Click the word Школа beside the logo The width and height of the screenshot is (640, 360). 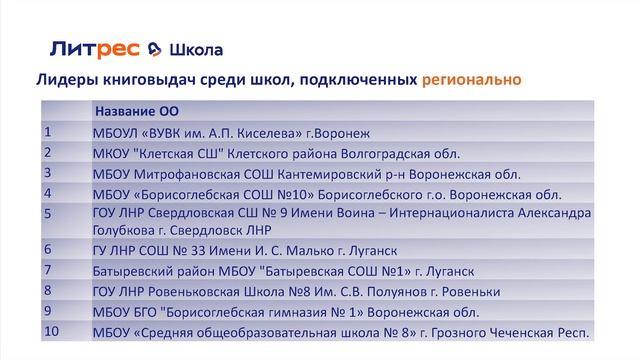coord(196,49)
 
